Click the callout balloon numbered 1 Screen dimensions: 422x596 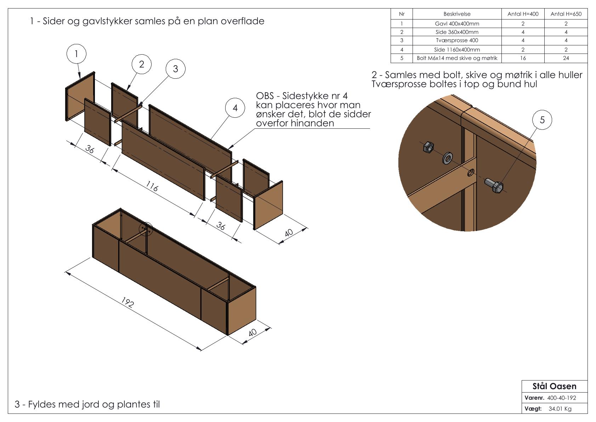click(x=76, y=54)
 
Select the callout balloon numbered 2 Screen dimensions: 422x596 click(x=142, y=64)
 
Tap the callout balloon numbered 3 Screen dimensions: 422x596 click(x=175, y=68)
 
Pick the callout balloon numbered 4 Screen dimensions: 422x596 click(x=235, y=108)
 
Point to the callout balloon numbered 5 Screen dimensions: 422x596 click(x=542, y=120)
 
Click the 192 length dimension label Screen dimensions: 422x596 click(x=127, y=302)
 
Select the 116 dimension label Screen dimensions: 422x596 click(x=152, y=186)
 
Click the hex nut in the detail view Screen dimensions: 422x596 click(x=428, y=146)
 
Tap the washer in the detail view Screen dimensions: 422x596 click(x=447, y=158)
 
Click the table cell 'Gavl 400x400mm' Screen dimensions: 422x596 click(x=457, y=24)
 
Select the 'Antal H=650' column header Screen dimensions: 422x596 click(x=566, y=14)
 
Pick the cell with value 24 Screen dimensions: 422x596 click(x=566, y=58)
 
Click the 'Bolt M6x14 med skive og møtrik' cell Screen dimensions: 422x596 click(x=457, y=58)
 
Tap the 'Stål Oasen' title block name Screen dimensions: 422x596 click(x=554, y=386)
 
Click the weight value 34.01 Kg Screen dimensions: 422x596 click(x=560, y=409)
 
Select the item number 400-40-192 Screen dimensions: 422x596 click(x=561, y=398)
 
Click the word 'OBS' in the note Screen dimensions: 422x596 click(x=265, y=96)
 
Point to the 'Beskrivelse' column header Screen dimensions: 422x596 click(x=457, y=14)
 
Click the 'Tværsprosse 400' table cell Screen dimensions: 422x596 click(x=457, y=40)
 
